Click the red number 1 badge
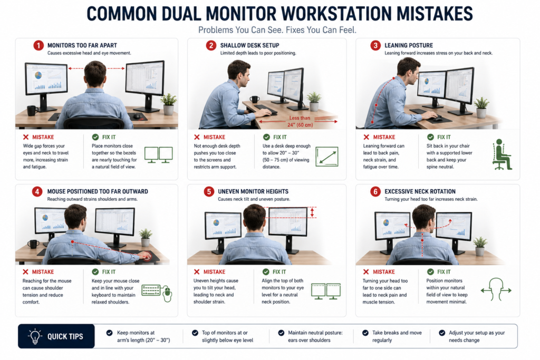click(38, 45)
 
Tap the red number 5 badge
click(209, 191)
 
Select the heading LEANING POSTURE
click(409, 45)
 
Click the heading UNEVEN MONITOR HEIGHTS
click(253, 191)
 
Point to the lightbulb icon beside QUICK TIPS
click(35, 336)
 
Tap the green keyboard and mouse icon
click(157, 292)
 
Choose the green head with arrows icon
click(496, 289)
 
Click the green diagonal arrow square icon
click(327, 157)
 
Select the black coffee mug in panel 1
click(32, 111)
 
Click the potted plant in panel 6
click(480, 246)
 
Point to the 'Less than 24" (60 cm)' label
click(300, 121)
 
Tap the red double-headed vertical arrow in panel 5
click(312, 212)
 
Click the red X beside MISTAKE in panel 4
click(25, 272)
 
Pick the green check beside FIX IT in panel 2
click(266, 137)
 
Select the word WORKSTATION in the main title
click(336, 14)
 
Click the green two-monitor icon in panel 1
click(158, 155)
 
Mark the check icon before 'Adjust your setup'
click(442, 333)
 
